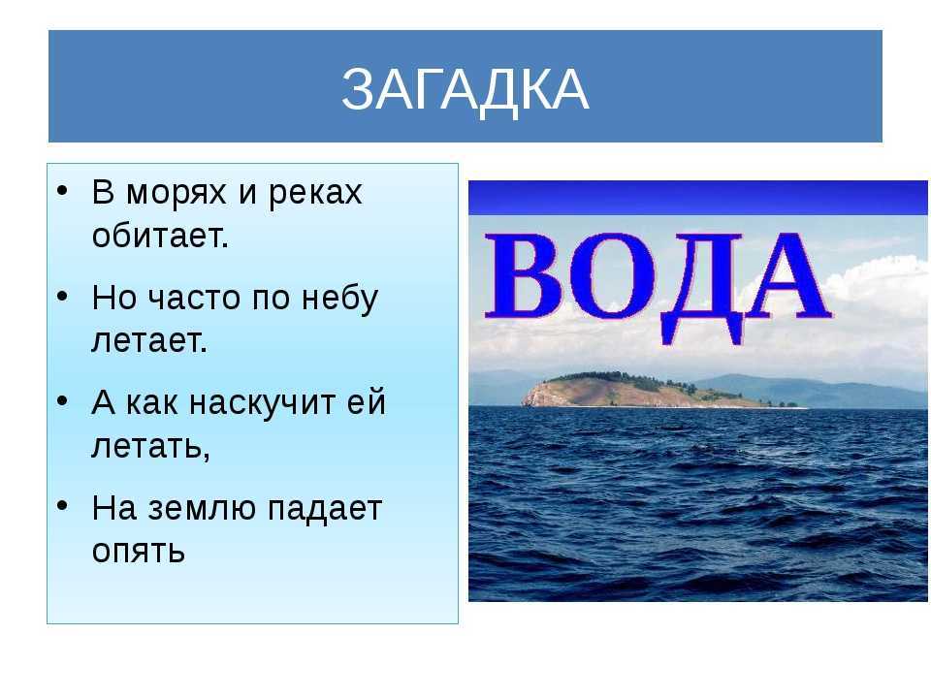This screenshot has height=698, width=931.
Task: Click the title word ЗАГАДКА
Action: pyautogui.click(x=465, y=89)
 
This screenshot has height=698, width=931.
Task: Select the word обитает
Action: pyautogui.click(x=160, y=237)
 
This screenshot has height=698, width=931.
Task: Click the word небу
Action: pyautogui.click(x=339, y=298)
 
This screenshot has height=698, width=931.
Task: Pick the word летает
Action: pyautogui.click(x=149, y=340)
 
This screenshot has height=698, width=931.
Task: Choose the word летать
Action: pyautogui.click(x=151, y=446)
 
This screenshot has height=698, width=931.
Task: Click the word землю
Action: pyautogui.click(x=201, y=509)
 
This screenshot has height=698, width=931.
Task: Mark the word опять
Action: pyautogui.click(x=139, y=552)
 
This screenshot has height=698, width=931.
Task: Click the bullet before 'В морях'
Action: pyautogui.click(x=62, y=191)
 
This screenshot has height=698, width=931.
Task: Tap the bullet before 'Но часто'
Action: pyautogui.click(x=62, y=296)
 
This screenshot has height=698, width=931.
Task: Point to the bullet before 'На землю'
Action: pyautogui.click(x=62, y=506)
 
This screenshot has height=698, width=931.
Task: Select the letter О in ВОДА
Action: pyautogui.click(x=612, y=275)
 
